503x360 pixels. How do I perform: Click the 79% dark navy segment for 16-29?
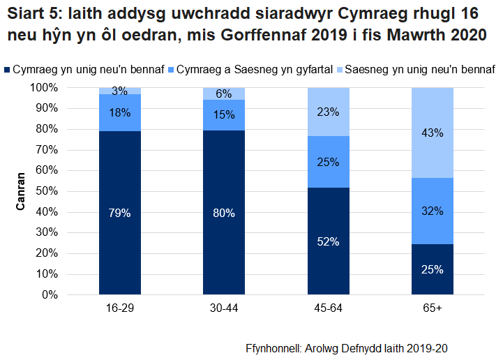pos(119,213)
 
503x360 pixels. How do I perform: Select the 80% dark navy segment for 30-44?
pos(224,213)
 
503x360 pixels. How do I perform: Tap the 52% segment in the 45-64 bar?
pos(328,241)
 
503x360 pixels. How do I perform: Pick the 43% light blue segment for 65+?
pos(433,133)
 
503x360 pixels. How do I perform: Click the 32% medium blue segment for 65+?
pos(433,211)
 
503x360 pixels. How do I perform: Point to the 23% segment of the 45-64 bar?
pos(328,112)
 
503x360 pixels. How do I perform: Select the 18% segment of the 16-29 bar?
pos(119,112)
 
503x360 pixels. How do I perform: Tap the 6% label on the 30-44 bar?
pos(224,94)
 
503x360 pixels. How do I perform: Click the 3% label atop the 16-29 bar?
pos(119,91)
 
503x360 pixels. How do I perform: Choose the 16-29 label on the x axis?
pos(119,308)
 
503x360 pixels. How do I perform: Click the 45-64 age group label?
pos(328,308)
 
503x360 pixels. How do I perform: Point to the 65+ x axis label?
pos(433,308)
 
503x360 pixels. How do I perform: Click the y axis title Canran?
pos(22,191)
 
